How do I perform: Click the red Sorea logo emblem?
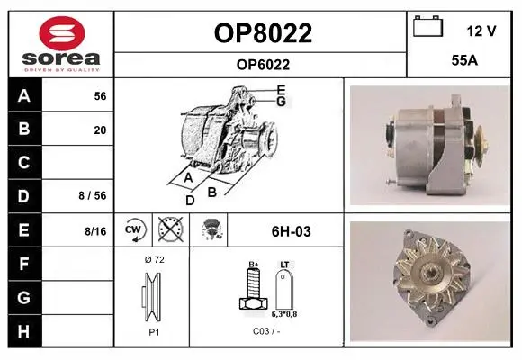click(62, 33)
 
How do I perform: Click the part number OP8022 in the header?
click(263, 33)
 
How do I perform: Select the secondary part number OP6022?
click(263, 65)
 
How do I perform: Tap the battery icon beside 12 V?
click(427, 26)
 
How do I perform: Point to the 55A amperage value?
click(464, 60)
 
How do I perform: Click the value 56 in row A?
click(100, 96)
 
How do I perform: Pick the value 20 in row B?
click(100, 130)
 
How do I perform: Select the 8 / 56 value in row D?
click(93, 196)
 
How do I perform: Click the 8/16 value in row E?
click(95, 231)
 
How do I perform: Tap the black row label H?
click(23, 332)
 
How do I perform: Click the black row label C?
click(23, 163)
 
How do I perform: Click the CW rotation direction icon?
click(134, 229)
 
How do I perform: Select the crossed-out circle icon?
click(171, 229)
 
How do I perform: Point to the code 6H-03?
click(292, 231)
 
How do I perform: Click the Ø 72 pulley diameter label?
click(155, 259)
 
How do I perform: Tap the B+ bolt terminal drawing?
click(253, 288)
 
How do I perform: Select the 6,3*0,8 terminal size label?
click(284, 314)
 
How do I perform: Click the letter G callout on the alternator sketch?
click(282, 102)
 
